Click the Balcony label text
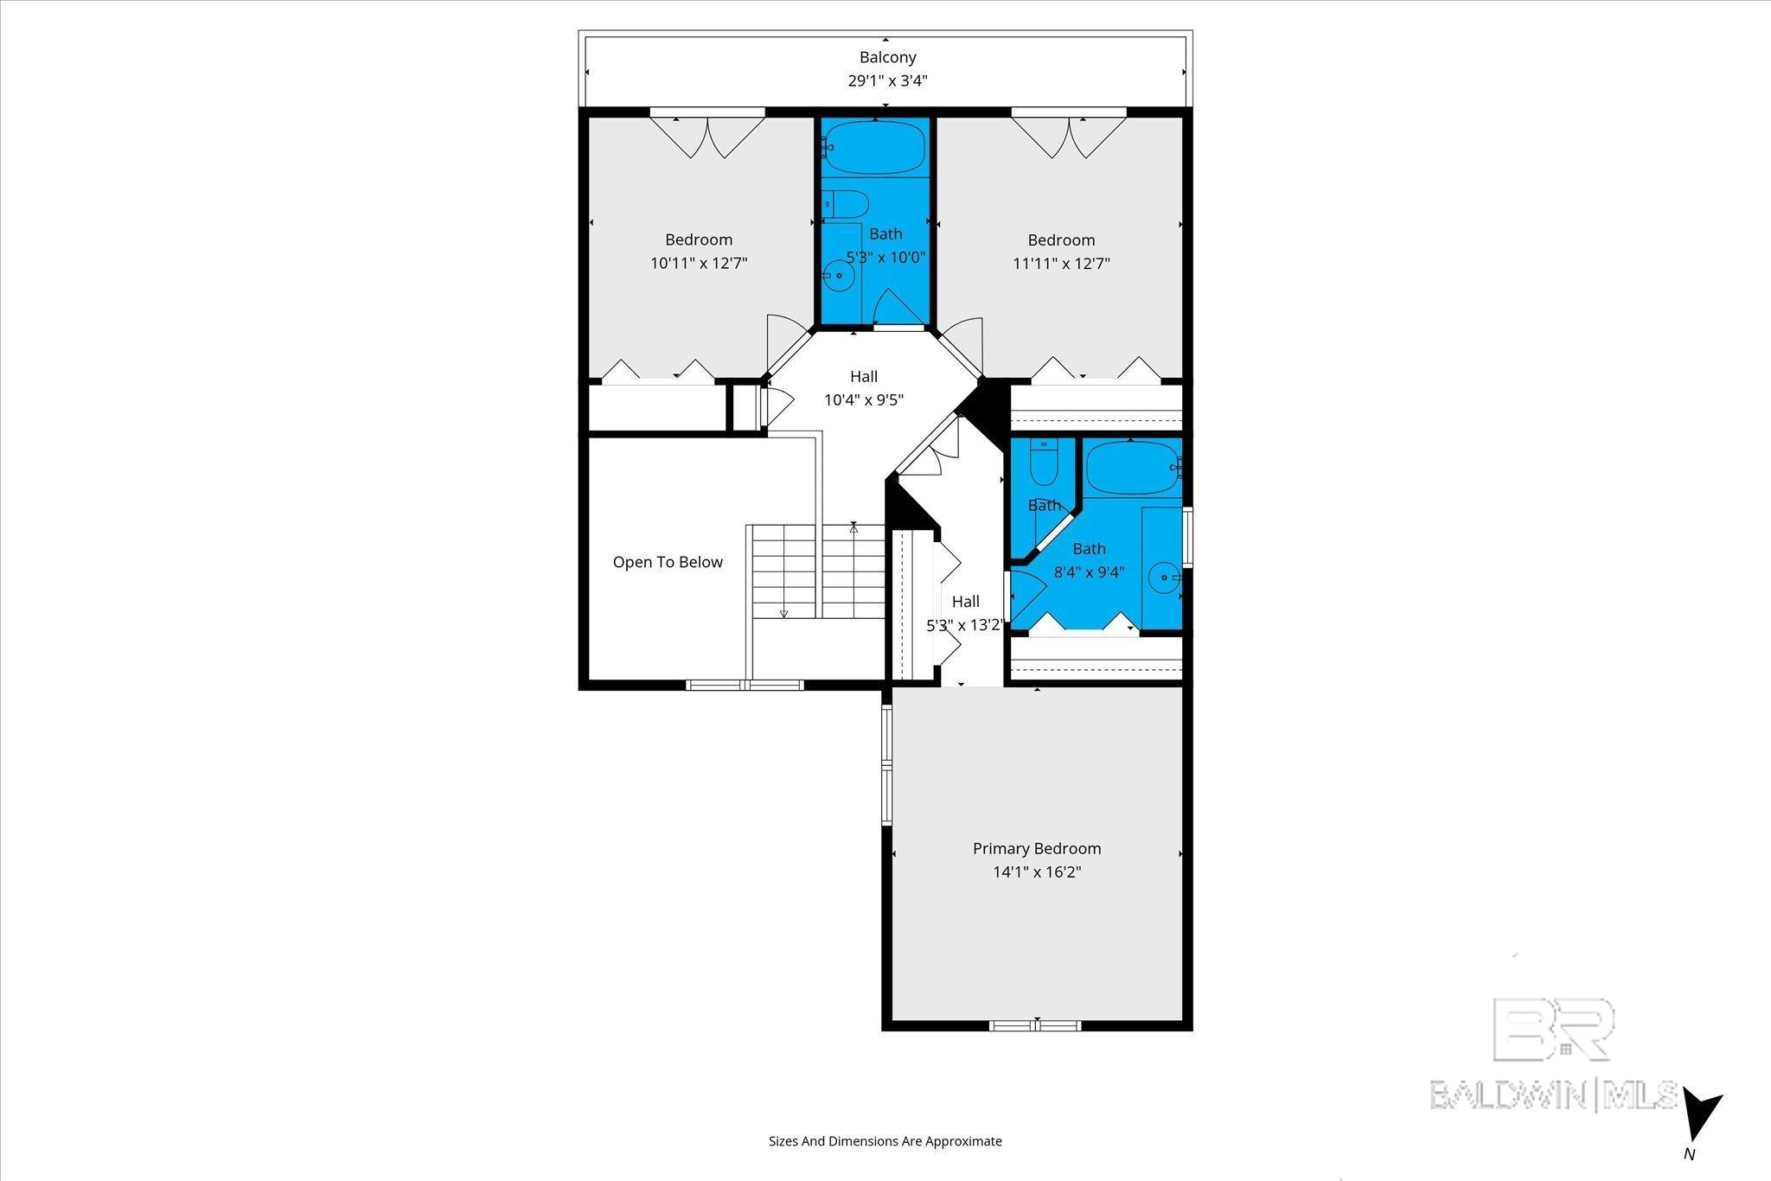pyautogui.click(x=887, y=57)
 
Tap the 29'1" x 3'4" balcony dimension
pyautogui.click(x=887, y=81)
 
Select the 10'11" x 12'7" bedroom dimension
pyautogui.click(x=699, y=263)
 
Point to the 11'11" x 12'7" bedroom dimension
pyautogui.click(x=1061, y=263)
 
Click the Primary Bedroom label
pyautogui.click(x=1037, y=848)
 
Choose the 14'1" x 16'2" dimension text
pyautogui.click(x=1037, y=872)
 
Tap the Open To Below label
pyautogui.click(x=668, y=562)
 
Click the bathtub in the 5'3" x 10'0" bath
pyautogui.click(x=874, y=148)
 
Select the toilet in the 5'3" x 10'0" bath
pyautogui.click(x=844, y=204)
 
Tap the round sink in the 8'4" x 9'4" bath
pyautogui.click(x=1165, y=576)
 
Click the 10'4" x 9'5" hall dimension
pyautogui.click(x=864, y=400)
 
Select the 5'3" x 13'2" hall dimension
pyautogui.click(x=964, y=625)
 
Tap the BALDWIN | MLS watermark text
pyautogui.click(x=1553, y=1095)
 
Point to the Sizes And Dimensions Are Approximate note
pyautogui.click(x=885, y=1141)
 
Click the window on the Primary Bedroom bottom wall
pyautogui.click(x=1036, y=1026)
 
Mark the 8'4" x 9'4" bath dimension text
pyautogui.click(x=1089, y=571)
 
